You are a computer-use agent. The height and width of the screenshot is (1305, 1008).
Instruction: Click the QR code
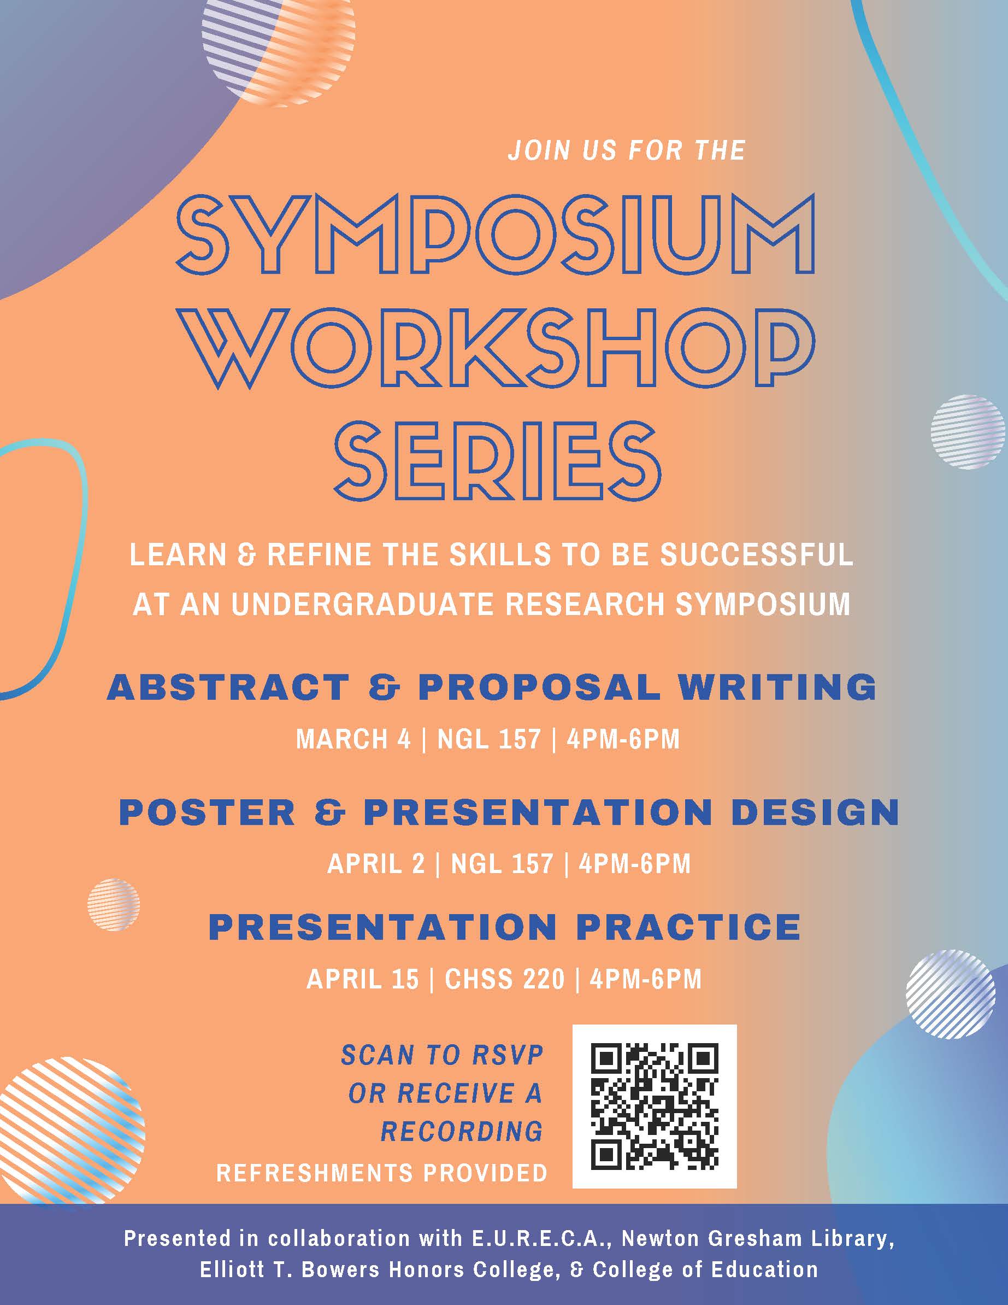click(655, 1106)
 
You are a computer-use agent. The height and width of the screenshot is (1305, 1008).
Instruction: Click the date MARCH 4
click(353, 740)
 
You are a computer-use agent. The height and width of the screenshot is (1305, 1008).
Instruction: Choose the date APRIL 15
click(362, 979)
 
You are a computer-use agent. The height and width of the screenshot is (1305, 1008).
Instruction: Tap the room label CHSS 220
click(505, 979)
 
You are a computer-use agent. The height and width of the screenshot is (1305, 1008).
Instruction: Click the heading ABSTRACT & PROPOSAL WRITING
click(492, 687)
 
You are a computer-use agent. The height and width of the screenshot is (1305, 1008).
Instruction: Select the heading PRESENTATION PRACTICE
click(505, 927)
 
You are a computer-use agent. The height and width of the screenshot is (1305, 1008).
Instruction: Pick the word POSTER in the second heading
click(207, 812)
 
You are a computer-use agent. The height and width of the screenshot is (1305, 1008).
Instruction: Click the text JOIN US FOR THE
click(627, 150)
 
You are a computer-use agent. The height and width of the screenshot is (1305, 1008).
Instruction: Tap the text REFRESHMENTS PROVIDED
click(382, 1172)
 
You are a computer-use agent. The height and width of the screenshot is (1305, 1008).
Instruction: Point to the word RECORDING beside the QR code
click(462, 1131)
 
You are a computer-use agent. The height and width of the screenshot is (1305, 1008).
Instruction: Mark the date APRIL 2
click(376, 864)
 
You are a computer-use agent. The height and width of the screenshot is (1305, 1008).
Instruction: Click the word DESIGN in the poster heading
click(815, 812)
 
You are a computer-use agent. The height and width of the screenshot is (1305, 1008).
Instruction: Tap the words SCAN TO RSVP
click(442, 1056)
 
